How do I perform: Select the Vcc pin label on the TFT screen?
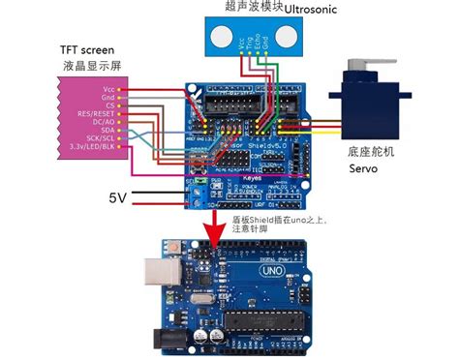[x=107, y=90]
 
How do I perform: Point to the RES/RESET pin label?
[x=95, y=113]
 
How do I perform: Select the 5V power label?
[x=117, y=197]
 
